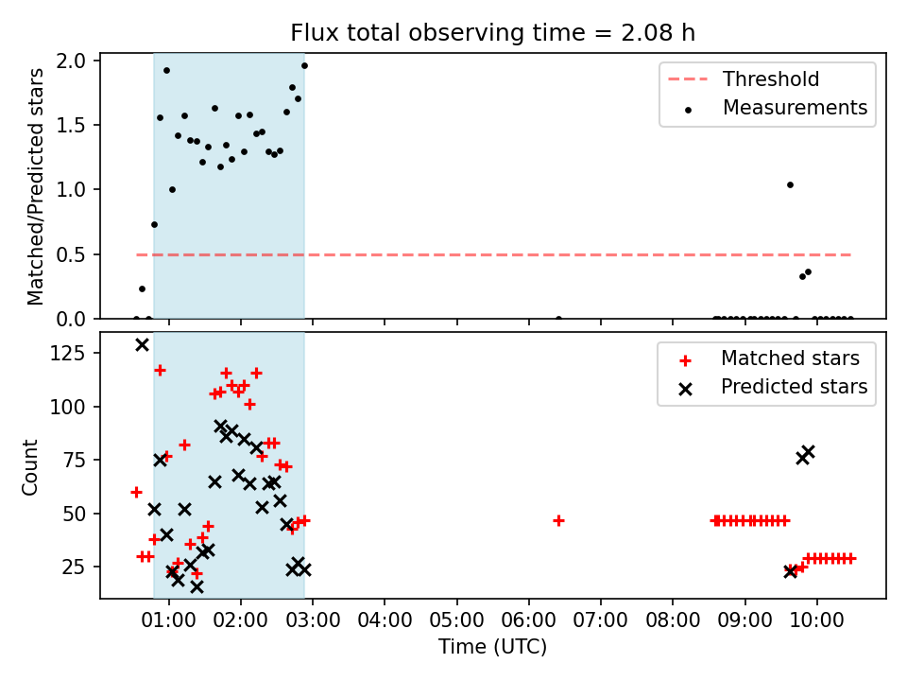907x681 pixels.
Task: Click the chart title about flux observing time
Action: tap(492, 33)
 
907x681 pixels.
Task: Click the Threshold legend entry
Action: tap(744, 79)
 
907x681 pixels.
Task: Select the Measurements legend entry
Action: tap(774, 108)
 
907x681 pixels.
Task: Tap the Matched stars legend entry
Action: tap(769, 358)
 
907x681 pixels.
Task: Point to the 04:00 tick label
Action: tap(385, 620)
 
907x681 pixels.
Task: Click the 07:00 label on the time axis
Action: tap(601, 620)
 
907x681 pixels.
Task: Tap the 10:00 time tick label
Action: tap(816, 620)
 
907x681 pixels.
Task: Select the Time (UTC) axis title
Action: tap(492, 647)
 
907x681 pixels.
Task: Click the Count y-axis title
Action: tap(29, 467)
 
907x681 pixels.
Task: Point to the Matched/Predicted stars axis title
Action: tap(35, 186)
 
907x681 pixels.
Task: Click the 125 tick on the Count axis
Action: tap(68, 353)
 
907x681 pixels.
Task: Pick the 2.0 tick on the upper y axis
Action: tap(71, 61)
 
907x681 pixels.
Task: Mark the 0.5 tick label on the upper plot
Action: tap(71, 254)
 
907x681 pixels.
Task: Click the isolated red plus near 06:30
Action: tap(558, 521)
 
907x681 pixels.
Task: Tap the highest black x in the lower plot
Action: tap(142, 345)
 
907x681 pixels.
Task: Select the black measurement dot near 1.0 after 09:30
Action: tap(790, 185)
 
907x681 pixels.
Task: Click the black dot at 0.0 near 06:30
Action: tap(558, 319)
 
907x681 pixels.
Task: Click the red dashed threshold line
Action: tap(493, 254)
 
